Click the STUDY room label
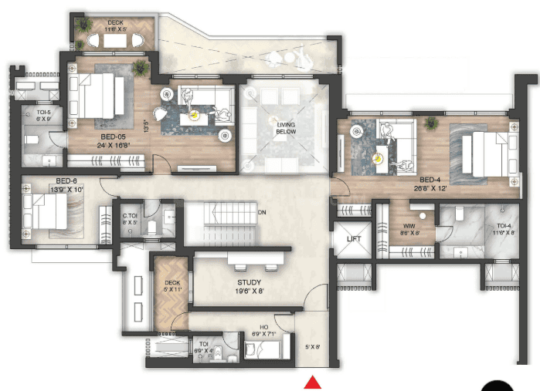pos(249,282)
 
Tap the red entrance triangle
pos(313,382)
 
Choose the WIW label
pos(406,226)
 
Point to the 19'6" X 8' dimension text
pos(249,292)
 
